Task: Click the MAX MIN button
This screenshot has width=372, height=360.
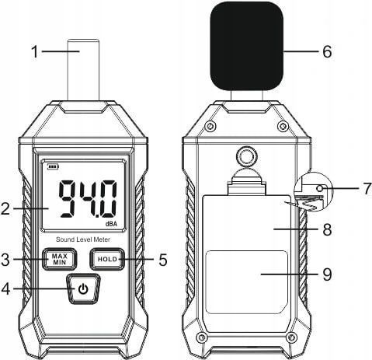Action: click(x=60, y=259)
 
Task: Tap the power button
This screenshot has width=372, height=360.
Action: click(x=83, y=288)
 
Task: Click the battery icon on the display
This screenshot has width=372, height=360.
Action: click(x=53, y=167)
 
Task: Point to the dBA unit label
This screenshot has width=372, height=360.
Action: click(x=111, y=224)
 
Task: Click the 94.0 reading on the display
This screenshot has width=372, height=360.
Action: click(x=88, y=199)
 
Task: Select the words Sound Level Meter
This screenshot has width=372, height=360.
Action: click(x=83, y=239)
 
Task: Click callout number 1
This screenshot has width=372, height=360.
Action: click(x=35, y=51)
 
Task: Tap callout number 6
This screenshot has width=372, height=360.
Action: click(x=327, y=51)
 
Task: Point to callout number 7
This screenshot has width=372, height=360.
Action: click(x=367, y=188)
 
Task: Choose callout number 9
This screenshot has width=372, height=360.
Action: click(x=327, y=274)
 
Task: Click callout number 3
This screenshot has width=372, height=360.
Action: click(x=5, y=259)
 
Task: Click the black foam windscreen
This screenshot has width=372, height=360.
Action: click(x=247, y=46)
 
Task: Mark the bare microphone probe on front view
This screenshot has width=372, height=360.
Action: click(x=83, y=69)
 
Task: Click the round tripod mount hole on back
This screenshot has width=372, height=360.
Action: click(x=247, y=156)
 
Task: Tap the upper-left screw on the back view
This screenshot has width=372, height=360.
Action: click(x=210, y=126)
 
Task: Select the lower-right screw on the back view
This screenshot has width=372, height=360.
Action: click(x=292, y=337)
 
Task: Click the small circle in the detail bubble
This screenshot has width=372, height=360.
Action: click(x=320, y=188)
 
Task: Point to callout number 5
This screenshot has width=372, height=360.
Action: click(x=162, y=260)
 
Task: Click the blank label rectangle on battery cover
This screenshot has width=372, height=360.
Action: click(x=247, y=282)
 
